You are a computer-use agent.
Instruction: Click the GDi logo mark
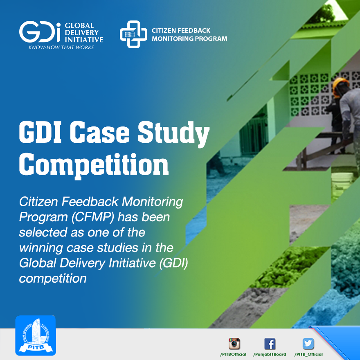(40, 32)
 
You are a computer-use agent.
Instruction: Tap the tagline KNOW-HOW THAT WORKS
(61, 47)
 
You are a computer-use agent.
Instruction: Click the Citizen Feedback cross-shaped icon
(133, 34)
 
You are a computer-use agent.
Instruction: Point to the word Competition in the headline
(94, 165)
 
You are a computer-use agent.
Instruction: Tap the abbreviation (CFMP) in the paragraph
(93, 217)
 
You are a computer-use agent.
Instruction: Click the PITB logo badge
(36, 335)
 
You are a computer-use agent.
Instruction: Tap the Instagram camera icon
(234, 344)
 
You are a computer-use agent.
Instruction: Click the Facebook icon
(270, 344)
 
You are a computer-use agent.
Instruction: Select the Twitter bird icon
(308, 344)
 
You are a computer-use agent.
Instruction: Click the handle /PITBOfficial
(233, 354)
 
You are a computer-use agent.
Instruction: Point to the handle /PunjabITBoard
(270, 354)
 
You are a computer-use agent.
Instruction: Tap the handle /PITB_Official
(308, 354)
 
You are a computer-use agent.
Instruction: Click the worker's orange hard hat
(340, 85)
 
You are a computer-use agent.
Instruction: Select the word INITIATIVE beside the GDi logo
(84, 40)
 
